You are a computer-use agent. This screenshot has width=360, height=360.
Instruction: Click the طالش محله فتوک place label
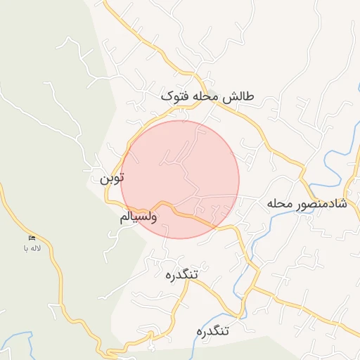tap(208, 96)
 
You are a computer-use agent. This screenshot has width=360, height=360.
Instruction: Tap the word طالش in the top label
tap(240, 96)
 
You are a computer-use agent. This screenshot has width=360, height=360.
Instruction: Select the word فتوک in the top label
tap(176, 96)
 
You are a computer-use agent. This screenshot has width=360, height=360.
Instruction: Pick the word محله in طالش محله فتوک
tap(207, 96)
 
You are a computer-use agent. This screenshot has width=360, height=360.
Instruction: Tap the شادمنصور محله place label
tap(307, 204)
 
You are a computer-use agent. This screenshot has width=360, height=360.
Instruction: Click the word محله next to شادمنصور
tap(279, 204)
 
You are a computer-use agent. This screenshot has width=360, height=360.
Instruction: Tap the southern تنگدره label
tap(215, 330)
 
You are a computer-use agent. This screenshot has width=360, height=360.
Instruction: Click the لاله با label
tap(32, 248)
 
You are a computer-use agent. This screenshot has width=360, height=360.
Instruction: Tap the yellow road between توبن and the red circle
tap(125, 158)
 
